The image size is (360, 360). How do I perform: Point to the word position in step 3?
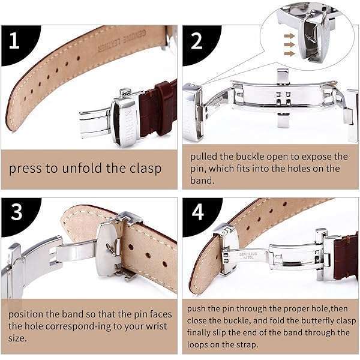tap(26, 315)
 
